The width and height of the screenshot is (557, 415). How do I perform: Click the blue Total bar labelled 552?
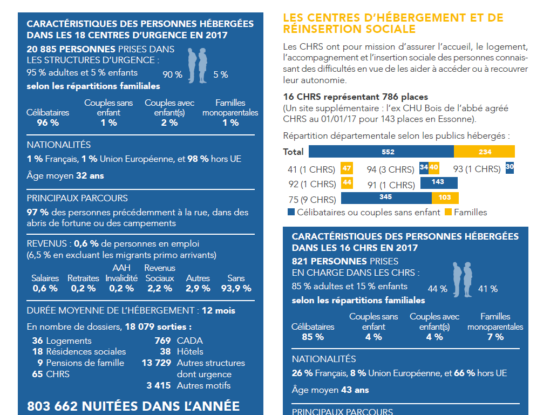[x=381, y=152]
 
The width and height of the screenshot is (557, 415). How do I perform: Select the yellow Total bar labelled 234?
[x=484, y=152]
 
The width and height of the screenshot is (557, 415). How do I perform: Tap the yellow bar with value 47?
[x=347, y=168]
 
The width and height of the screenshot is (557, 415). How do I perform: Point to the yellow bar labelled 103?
[x=445, y=198]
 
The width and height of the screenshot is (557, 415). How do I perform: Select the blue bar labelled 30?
[x=510, y=168]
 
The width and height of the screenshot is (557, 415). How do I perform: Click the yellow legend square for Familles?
[x=448, y=212]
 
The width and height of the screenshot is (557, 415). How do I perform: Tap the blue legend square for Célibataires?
[x=291, y=212]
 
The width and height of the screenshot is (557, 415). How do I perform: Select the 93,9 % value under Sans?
[x=236, y=289]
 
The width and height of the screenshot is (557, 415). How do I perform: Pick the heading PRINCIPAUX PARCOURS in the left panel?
[x=77, y=198]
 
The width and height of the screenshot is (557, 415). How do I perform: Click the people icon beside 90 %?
[x=198, y=66]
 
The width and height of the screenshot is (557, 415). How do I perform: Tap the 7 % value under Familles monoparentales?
[x=495, y=337]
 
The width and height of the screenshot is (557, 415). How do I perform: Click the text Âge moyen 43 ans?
[x=330, y=390]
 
